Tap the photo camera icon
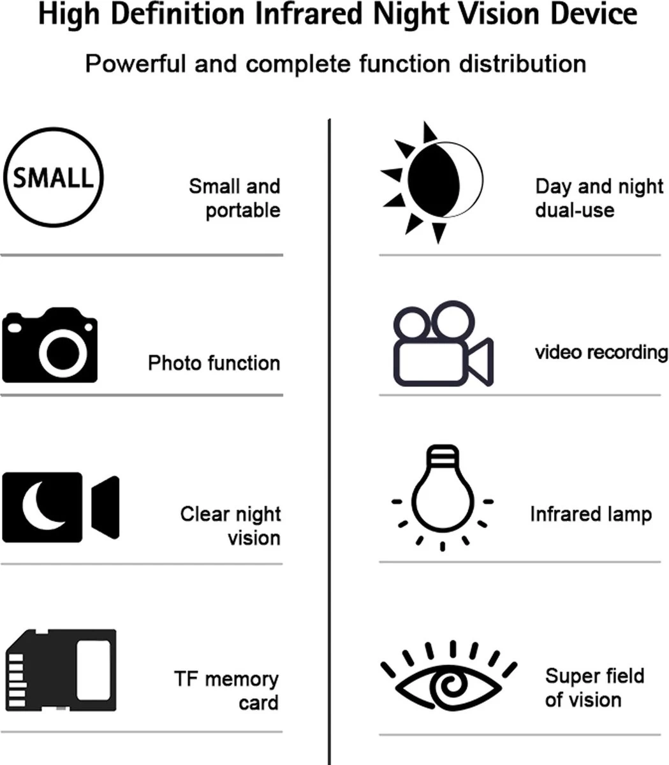coord(50,346)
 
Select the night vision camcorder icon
coord(61,507)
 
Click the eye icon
coord(448,680)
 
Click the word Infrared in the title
coord(306,14)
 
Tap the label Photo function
coord(214,363)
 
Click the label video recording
coord(601,351)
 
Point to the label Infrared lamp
coord(591,514)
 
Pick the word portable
coord(243,210)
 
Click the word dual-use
coord(575,210)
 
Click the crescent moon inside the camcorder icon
coord(41,506)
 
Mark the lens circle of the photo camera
coord(62,351)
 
